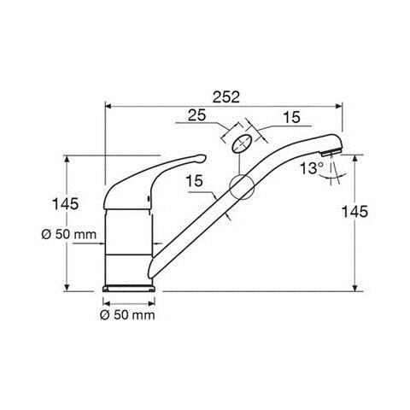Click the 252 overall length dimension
(226, 97)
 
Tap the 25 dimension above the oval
(196, 115)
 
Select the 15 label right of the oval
(291, 117)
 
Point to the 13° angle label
(312, 168)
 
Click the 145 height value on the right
(354, 212)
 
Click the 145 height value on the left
(65, 204)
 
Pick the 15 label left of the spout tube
(195, 181)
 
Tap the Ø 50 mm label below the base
(128, 315)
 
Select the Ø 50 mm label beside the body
(69, 234)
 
